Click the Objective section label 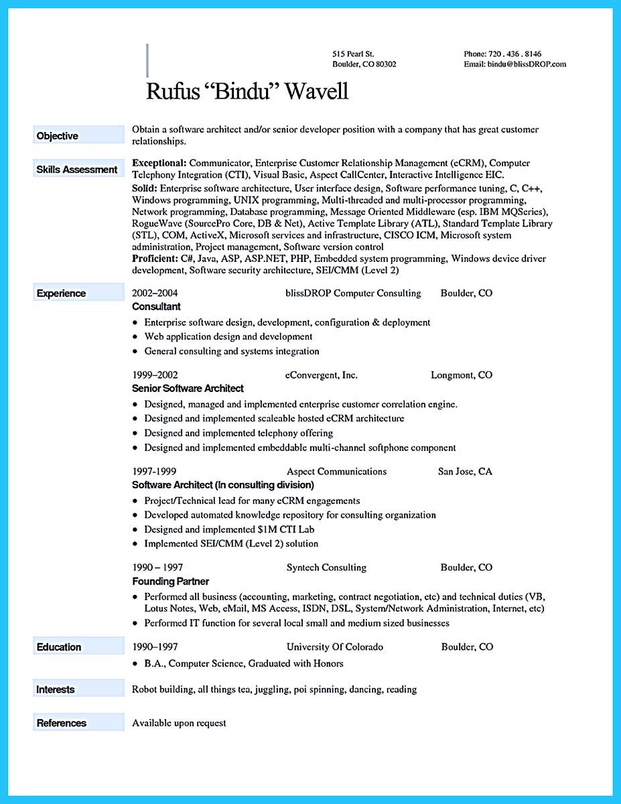tap(58, 136)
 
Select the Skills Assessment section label tap(76, 170)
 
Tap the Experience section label tap(61, 293)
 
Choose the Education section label tap(59, 647)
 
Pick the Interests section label tap(56, 689)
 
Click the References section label tap(61, 723)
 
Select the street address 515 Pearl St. tap(353, 53)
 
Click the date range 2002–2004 tap(155, 293)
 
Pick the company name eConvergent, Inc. tap(322, 375)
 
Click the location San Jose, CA tap(465, 471)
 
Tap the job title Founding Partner tap(170, 581)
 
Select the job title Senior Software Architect tap(188, 388)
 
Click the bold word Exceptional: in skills tap(159, 163)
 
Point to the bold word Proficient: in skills tap(155, 258)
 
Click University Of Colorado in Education tap(335, 647)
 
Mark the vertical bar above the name tap(147, 60)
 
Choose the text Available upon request tap(179, 723)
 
